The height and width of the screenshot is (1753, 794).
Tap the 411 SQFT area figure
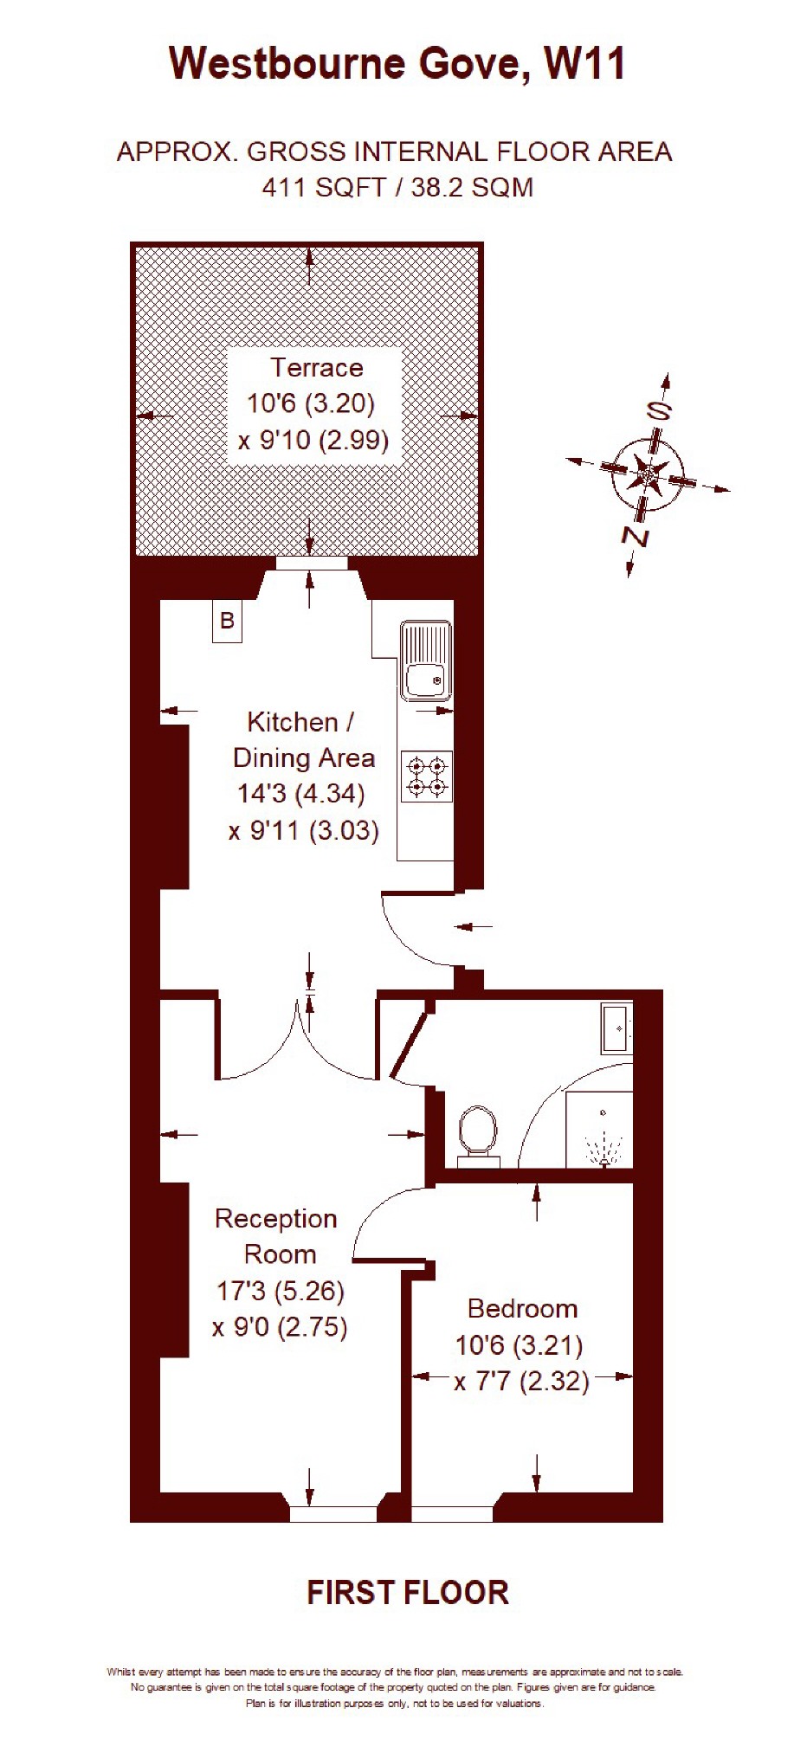tap(324, 187)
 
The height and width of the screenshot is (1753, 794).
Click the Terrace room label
tap(316, 367)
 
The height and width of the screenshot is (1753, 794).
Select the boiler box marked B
tap(227, 621)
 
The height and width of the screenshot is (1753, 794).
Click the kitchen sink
tap(426, 661)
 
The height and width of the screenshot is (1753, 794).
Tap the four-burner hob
tap(427, 775)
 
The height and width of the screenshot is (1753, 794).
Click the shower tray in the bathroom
tap(599, 1129)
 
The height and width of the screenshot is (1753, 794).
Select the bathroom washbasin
tap(617, 1028)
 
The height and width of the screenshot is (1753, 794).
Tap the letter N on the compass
tap(636, 537)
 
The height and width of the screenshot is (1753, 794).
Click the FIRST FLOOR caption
tap(408, 1593)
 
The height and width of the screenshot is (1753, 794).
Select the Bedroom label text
tap(522, 1308)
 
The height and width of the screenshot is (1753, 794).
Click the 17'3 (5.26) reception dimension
tap(280, 1291)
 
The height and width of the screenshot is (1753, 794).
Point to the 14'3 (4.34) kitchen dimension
tap(301, 793)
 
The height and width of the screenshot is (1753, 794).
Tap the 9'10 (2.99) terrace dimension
tap(313, 441)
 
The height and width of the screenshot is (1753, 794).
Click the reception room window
tap(332, 1514)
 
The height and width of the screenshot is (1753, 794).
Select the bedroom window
tap(452, 1514)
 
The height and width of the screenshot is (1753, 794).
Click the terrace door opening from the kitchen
tap(312, 564)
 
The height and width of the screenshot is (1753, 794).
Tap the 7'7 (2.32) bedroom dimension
tap(522, 1381)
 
